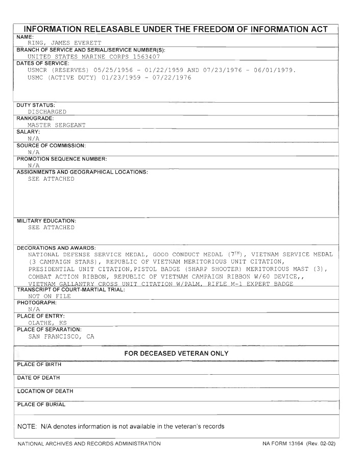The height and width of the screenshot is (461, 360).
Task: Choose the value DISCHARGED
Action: pos(47,111)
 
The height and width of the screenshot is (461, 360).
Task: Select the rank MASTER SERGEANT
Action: pos(57,125)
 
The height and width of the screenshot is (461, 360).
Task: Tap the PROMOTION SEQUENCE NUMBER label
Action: pos(62,158)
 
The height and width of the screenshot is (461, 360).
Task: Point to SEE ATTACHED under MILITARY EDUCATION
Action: pos(51,227)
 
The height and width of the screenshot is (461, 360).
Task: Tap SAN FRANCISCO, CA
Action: pos(61,336)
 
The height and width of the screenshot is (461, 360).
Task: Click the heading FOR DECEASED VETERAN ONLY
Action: pos(176,353)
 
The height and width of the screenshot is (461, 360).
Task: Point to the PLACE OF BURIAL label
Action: pos(41,404)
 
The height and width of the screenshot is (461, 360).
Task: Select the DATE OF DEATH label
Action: pos(39,378)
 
